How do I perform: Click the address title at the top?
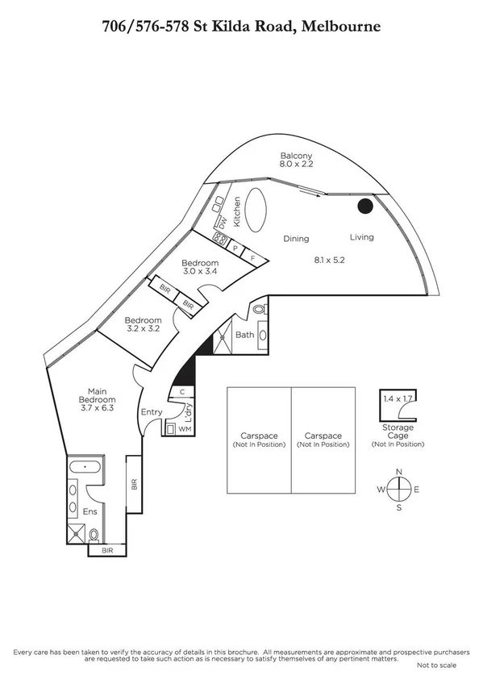(241, 27)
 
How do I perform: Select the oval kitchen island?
(258, 208)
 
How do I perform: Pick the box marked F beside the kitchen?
(253, 258)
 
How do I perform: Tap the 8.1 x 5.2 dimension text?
(330, 260)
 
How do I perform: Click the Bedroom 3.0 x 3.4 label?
(199, 268)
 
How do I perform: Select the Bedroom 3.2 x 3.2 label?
(143, 324)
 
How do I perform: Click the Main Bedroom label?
(97, 399)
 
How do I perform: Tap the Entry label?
(152, 412)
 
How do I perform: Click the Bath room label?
(245, 335)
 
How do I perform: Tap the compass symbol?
(398, 489)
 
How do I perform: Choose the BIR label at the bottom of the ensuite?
(108, 551)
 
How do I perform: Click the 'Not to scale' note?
(436, 665)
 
